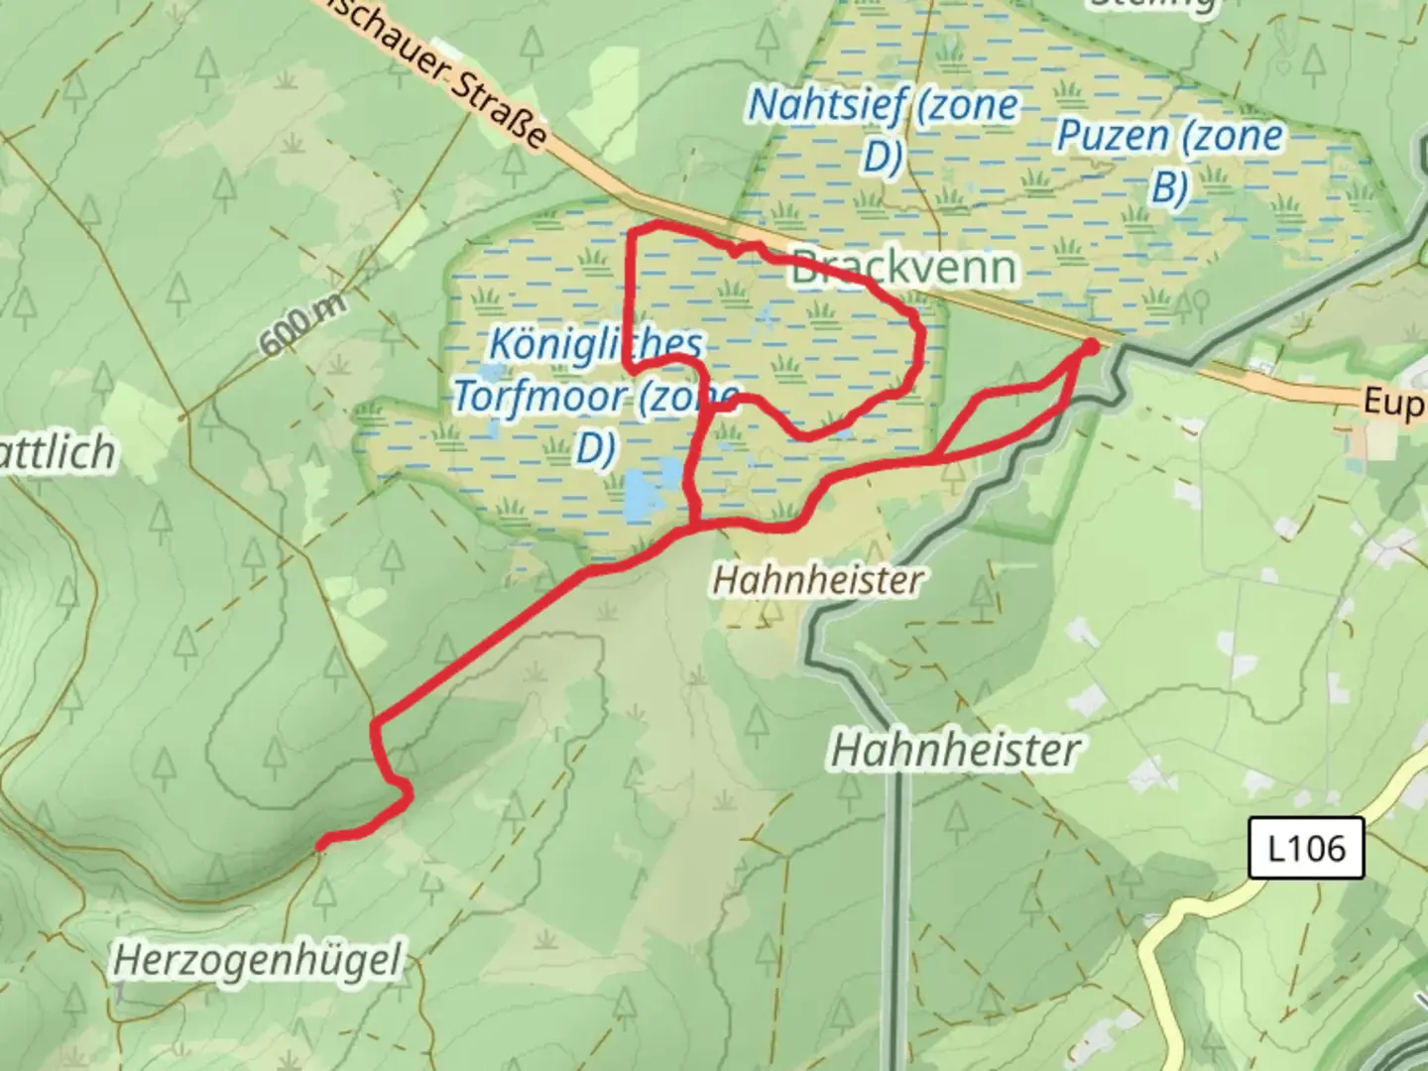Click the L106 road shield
tap(1306, 849)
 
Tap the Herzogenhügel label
tap(258, 960)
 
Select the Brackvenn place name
tap(903, 268)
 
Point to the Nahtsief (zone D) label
tap(883, 129)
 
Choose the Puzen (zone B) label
tap(1169, 159)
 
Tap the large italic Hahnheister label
tap(954, 750)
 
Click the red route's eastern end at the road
tap(1089, 346)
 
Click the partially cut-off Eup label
tap(1394, 402)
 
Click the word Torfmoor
tap(540, 397)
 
